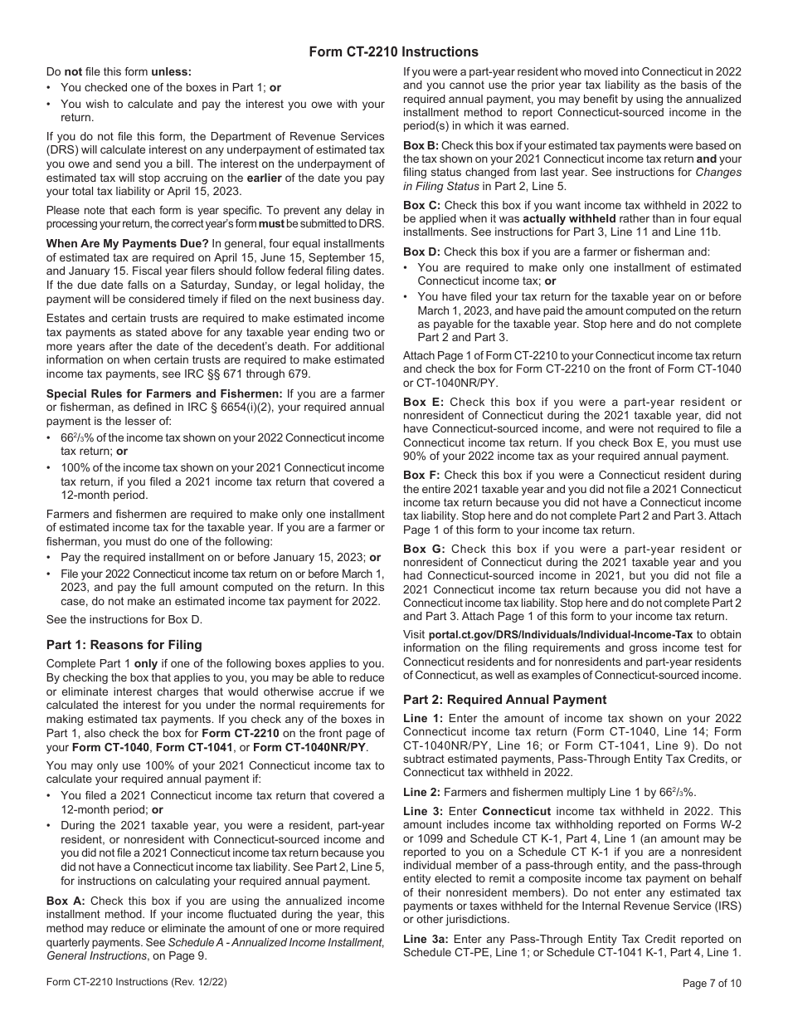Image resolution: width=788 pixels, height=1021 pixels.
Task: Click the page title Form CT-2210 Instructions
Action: pyautogui.click(x=394, y=51)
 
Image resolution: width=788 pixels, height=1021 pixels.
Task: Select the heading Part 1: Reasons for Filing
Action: pyautogui.click(x=124, y=645)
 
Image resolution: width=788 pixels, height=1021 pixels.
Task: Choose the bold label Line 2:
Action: pyautogui.click(x=421, y=789)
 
